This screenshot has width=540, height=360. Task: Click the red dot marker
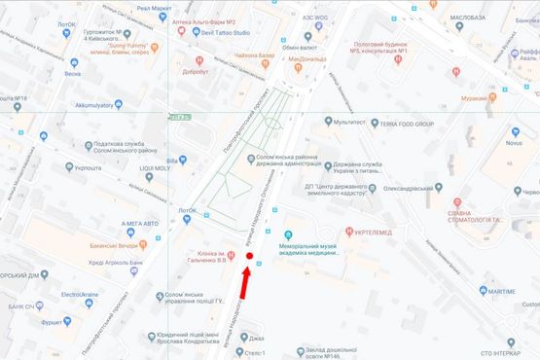(250, 257)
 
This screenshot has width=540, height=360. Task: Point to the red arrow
(244, 282)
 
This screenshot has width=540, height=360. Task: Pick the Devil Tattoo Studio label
(223, 33)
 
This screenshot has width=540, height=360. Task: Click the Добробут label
(194, 70)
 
